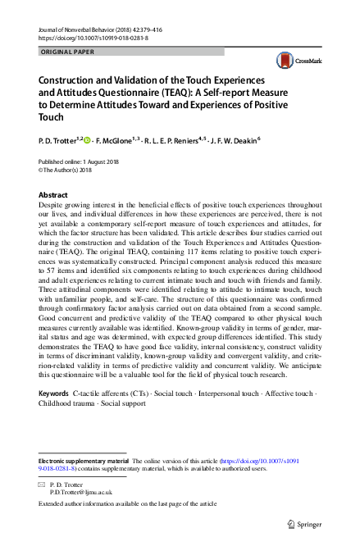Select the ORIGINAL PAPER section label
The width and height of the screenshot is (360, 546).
67,52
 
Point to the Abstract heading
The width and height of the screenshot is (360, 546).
53,195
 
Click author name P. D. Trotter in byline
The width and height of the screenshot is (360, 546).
61,140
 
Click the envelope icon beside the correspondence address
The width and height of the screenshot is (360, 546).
43,485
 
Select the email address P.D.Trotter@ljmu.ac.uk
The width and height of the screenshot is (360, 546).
81,493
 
